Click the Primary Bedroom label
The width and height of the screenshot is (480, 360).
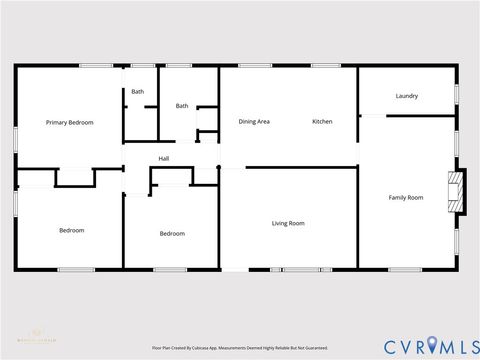click(70, 122)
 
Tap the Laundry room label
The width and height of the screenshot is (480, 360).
click(406, 96)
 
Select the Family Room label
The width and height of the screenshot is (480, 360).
click(405, 197)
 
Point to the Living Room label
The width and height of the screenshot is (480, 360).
click(288, 223)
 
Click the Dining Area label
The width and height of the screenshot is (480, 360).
click(254, 122)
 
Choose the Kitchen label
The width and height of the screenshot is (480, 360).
click(322, 122)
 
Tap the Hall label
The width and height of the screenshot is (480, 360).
click(164, 158)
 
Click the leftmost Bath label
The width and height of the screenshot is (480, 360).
click(137, 92)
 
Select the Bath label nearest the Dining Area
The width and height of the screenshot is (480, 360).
click(182, 106)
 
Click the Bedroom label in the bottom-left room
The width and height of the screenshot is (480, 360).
click(71, 230)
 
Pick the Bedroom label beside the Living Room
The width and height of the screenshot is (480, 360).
click(172, 233)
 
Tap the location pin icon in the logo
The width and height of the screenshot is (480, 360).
click(432, 344)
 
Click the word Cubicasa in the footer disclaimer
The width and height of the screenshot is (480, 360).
click(219, 348)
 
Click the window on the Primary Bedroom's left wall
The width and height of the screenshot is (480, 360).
click(16, 139)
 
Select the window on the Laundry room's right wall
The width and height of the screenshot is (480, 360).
click(458, 94)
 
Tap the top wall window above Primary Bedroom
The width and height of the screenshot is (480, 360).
click(96, 66)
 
